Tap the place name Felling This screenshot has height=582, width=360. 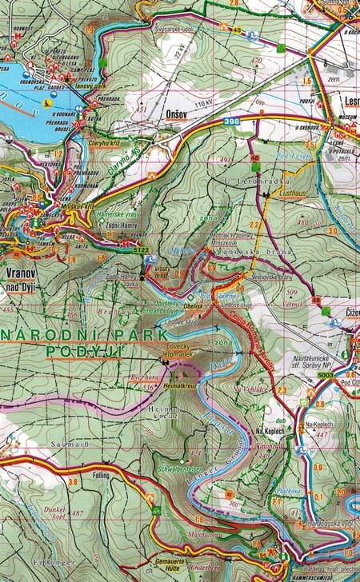(99, 476)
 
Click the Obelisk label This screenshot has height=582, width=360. (193, 306)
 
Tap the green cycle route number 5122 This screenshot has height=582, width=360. (141, 250)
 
